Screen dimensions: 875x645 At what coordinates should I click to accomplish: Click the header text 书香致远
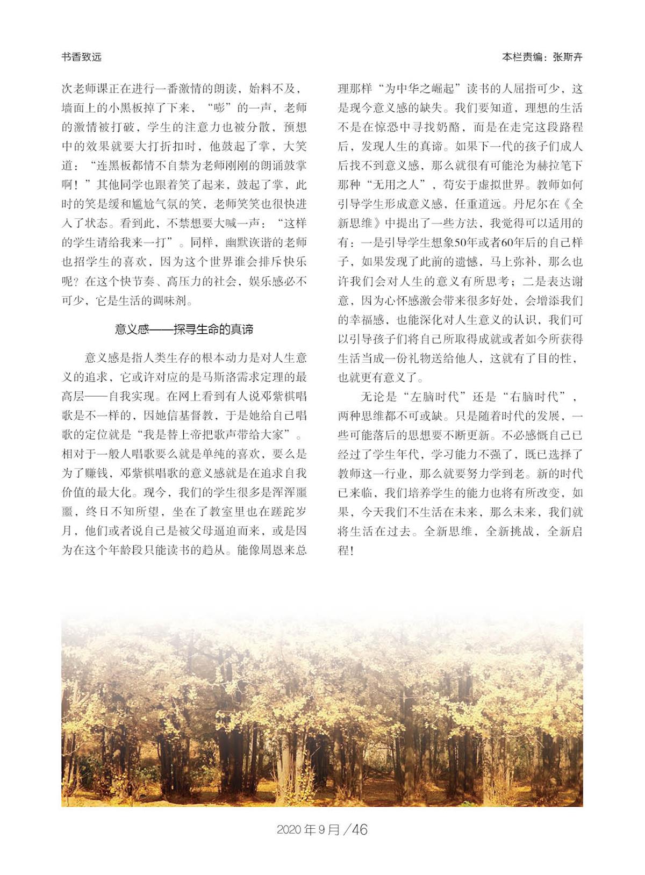[x=81, y=57]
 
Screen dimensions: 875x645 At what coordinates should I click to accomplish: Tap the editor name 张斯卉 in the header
[x=568, y=57]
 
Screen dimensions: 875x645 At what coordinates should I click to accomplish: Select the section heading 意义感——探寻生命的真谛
[x=184, y=329]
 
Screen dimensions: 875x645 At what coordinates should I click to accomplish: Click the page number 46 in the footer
[x=359, y=829]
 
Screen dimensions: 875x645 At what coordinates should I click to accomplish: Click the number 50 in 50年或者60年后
[x=461, y=243]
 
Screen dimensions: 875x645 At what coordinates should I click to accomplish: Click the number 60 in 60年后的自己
[x=507, y=243]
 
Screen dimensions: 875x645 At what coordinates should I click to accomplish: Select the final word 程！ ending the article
[x=345, y=551]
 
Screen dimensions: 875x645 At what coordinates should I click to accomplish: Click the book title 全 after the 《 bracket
[x=577, y=204]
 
